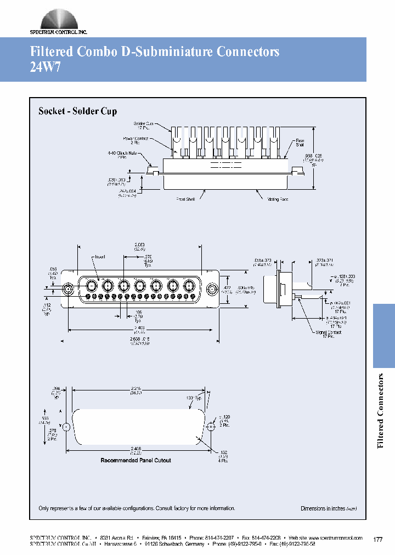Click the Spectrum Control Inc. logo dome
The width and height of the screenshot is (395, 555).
click(58, 18)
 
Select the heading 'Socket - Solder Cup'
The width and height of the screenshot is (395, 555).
click(77, 111)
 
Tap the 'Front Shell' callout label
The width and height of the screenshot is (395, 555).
click(186, 200)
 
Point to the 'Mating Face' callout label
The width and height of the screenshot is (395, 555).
click(277, 200)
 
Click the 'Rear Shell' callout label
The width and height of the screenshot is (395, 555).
click(300, 143)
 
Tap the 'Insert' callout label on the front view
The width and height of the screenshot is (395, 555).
click(99, 257)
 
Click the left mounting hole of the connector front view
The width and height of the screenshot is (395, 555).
click(69, 289)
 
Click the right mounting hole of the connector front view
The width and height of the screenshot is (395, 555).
click(213, 289)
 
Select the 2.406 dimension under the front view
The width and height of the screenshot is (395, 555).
click(139, 328)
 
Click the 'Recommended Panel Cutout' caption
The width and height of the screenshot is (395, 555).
click(136, 460)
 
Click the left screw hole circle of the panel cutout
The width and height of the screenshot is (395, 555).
click(66, 427)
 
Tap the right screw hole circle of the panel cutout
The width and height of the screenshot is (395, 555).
click(210, 427)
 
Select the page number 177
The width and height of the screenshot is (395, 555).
click(377, 540)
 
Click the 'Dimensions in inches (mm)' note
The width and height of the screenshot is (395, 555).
click(329, 508)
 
